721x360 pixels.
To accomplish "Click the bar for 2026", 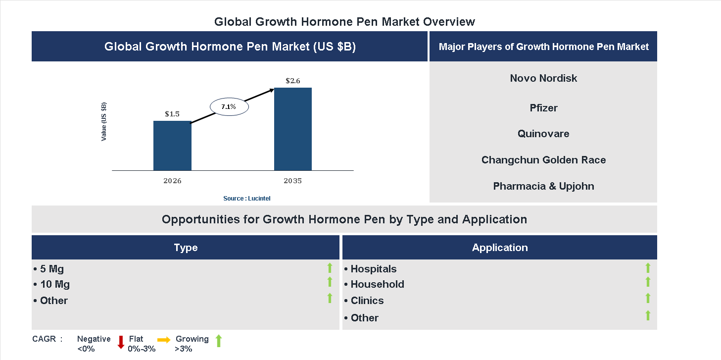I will (x=172, y=146).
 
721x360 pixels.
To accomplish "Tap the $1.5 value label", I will (x=172, y=114).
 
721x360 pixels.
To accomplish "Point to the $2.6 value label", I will (x=293, y=80).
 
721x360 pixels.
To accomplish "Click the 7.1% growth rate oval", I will (x=229, y=106).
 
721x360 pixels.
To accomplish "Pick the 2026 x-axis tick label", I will (x=172, y=181).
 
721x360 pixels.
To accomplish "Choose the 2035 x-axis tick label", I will (x=293, y=181).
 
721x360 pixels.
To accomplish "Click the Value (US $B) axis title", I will (x=104, y=122).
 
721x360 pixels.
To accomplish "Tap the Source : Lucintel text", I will (x=247, y=198).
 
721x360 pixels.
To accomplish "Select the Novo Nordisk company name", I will (x=543, y=78).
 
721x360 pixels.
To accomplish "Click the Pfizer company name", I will (x=543, y=108).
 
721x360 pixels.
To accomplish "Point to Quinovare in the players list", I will (x=543, y=134).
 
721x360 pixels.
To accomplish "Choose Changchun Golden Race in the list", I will (x=543, y=160).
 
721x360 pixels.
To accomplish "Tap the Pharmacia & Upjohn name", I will (x=543, y=186).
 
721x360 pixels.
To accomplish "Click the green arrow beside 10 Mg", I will (x=330, y=282).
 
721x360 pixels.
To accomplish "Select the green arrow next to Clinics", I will (x=648, y=298).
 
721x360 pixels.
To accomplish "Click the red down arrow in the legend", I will (x=121, y=342).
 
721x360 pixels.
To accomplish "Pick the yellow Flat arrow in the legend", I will (x=164, y=340).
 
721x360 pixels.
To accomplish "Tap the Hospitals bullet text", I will (x=373, y=269).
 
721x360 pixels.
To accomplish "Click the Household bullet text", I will (x=377, y=284).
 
